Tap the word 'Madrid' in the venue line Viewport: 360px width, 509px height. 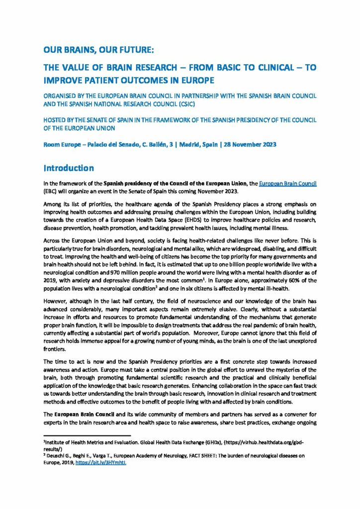(193, 145)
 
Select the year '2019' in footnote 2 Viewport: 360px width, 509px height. (67, 462)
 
